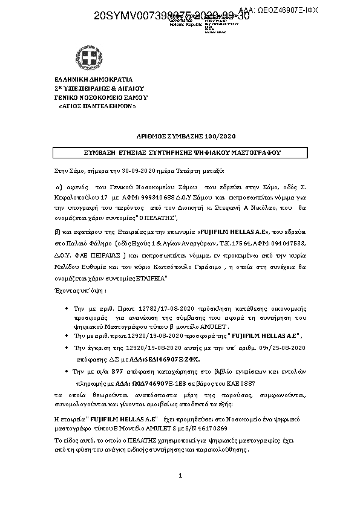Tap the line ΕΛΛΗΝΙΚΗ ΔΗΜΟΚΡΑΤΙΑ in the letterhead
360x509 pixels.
click(x=93, y=79)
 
